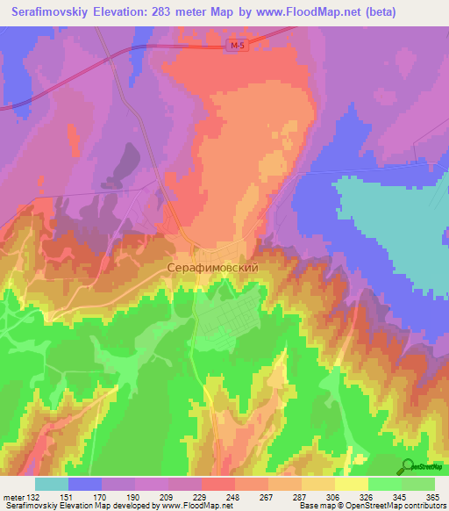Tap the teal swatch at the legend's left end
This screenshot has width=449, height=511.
52,484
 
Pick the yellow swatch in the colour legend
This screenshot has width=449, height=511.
351,484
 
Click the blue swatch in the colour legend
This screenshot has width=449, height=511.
85,484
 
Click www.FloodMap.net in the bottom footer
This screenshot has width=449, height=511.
188,507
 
